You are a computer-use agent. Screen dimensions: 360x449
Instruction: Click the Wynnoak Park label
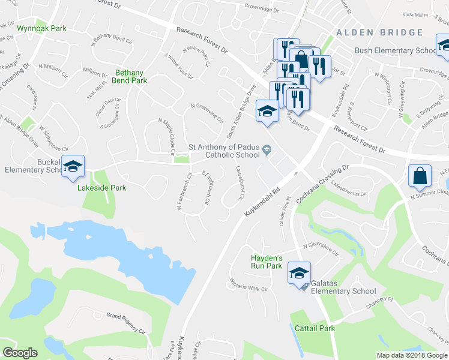pos(42,28)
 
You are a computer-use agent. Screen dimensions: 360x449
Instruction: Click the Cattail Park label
pos(315,328)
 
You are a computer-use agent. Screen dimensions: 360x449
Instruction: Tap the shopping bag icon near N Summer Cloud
pos(419,176)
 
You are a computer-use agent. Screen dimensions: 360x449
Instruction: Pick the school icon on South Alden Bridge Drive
pos(267,111)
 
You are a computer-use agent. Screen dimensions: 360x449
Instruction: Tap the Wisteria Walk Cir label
pos(249,285)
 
